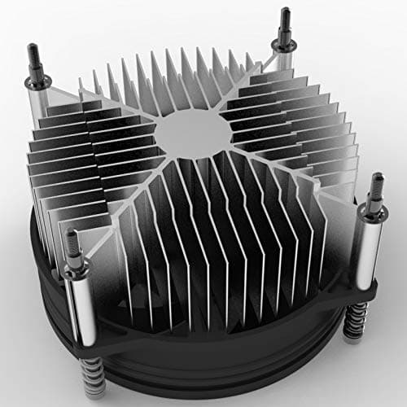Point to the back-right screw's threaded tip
[285, 16]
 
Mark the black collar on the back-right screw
[285, 37]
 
